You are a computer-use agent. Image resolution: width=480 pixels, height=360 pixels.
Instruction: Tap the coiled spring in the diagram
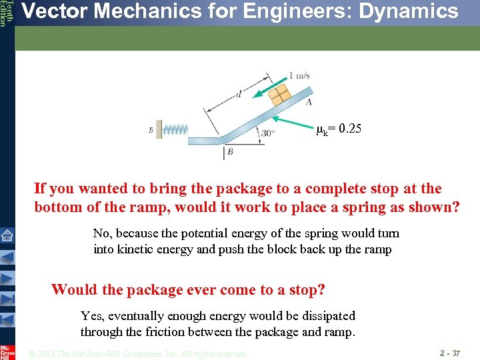(175, 129)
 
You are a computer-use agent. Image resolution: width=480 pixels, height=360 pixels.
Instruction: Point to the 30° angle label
(268, 133)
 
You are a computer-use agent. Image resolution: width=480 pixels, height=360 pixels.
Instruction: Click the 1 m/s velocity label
(299, 75)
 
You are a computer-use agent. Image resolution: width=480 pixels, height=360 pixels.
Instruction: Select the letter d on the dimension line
(238, 94)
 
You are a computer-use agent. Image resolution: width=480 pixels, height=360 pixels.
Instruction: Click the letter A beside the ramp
(308, 101)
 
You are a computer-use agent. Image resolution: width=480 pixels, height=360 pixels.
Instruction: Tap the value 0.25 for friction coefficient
(350, 128)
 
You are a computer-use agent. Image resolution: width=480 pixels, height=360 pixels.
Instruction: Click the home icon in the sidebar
(7, 235)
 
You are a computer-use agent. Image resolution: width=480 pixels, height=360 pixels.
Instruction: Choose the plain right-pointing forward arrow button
(7, 278)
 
